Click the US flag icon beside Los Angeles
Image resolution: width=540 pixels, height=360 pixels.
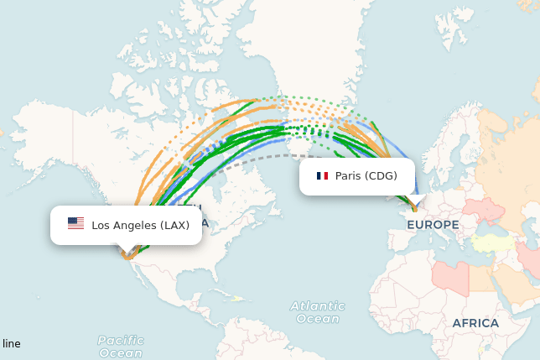pyautogui.click(x=75, y=224)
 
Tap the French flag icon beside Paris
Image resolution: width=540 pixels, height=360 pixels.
pyautogui.click(x=322, y=176)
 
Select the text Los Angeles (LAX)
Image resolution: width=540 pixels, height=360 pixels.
pyautogui.click(x=140, y=225)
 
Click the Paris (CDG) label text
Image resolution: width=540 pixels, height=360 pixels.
pyautogui.click(x=366, y=176)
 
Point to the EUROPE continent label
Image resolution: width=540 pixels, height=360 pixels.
pyautogui.click(x=433, y=225)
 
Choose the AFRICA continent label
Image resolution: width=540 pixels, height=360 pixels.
pyautogui.click(x=475, y=323)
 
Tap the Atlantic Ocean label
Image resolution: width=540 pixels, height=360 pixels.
pyautogui.click(x=318, y=312)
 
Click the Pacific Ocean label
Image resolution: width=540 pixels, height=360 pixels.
pyautogui.click(x=121, y=347)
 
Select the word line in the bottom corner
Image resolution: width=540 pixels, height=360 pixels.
pyautogui.click(x=12, y=344)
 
